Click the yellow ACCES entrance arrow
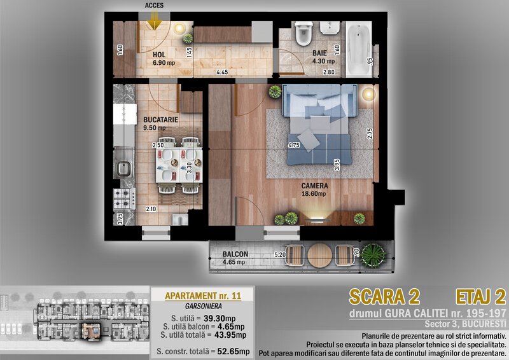pyautogui.click(x=154, y=22)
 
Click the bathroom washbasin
pyautogui.click(x=330, y=28)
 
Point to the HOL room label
pyautogui.click(x=159, y=55)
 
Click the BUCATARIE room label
pyautogui.click(x=161, y=120)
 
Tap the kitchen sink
pyautogui.click(x=123, y=169)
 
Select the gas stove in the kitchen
pyautogui.click(x=124, y=199)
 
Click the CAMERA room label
pyautogui.click(x=314, y=186)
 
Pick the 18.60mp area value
pyautogui.click(x=314, y=194)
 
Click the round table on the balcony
pyautogui.click(x=320, y=256)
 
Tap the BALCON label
pyautogui.click(x=235, y=254)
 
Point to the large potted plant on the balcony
pyautogui.click(x=373, y=256)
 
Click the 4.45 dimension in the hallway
pyautogui.click(x=222, y=72)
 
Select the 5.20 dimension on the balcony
pyautogui.click(x=280, y=255)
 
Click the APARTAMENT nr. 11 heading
pyautogui.click(x=203, y=296)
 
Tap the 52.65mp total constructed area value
pyautogui.click(x=233, y=351)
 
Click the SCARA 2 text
pyautogui.click(x=385, y=297)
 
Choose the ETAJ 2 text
pyautogui.click(x=481, y=297)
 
